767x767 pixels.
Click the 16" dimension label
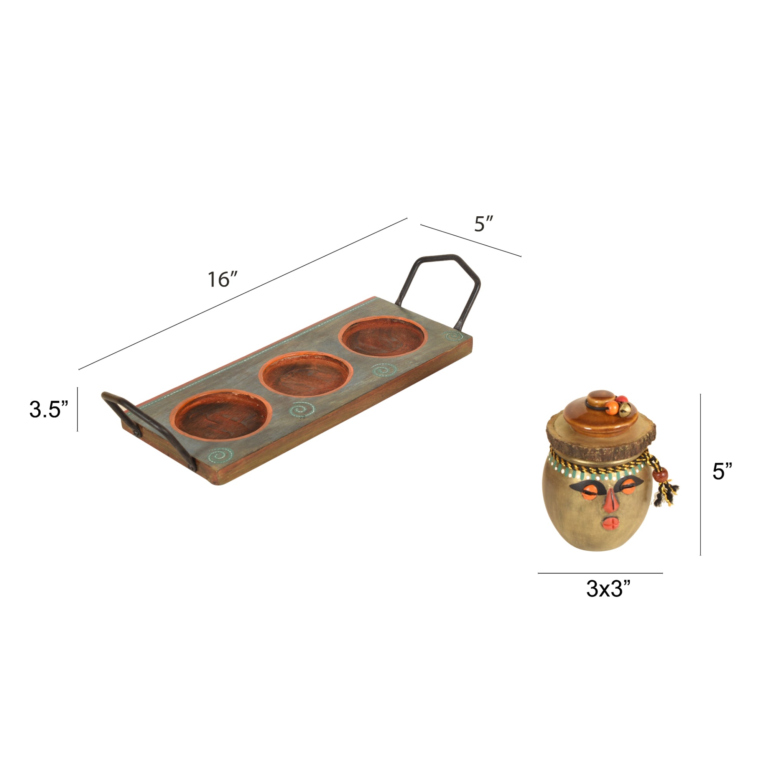223,280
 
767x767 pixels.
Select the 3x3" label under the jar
608,588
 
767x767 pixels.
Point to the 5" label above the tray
484,224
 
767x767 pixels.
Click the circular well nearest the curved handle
221,415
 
